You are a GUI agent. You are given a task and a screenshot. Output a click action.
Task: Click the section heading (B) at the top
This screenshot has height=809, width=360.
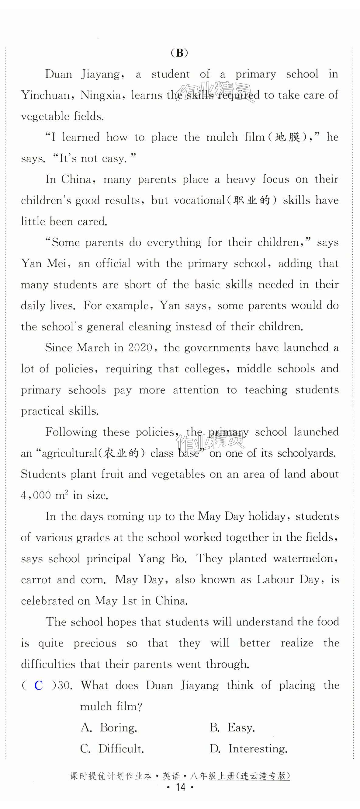point(179,52)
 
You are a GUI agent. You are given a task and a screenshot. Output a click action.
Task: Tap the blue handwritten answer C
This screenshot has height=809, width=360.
point(39,685)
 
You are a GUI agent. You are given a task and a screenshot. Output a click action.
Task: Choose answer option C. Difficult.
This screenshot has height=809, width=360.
point(112,749)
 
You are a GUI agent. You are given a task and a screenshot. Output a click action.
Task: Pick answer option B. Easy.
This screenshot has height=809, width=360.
point(232,727)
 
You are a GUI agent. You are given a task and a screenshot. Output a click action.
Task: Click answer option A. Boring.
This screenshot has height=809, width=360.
point(109,727)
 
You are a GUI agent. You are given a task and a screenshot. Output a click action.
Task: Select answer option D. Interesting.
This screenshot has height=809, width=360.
point(248,749)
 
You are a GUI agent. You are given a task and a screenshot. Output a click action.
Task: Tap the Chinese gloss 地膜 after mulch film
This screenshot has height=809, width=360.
point(288,137)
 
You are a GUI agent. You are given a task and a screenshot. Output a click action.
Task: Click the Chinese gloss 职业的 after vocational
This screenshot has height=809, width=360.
point(252,201)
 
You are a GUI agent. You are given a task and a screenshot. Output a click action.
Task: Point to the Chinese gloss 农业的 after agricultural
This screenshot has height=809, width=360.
point(121,453)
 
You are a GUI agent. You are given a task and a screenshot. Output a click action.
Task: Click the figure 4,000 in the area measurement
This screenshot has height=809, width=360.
point(36,495)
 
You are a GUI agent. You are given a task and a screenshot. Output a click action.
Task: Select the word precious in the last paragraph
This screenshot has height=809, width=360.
point(95,643)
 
